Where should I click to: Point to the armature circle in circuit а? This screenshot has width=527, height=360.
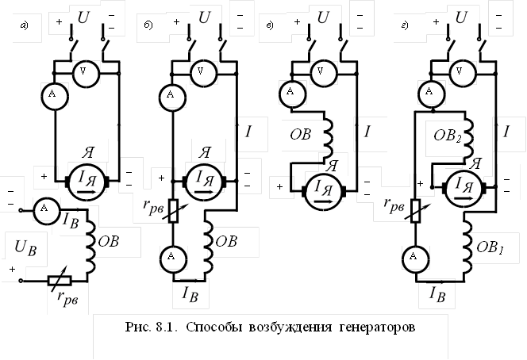(x=90, y=179)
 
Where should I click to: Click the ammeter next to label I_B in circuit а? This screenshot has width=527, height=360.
(x=44, y=209)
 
